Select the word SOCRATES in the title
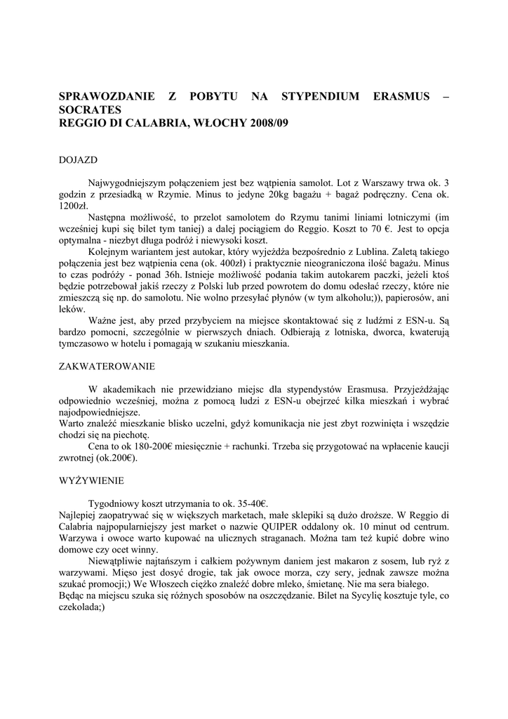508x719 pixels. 90,110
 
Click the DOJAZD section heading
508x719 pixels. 77,160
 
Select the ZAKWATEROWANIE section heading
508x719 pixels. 107,367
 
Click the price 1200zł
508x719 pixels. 72,206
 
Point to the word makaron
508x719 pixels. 340,561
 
